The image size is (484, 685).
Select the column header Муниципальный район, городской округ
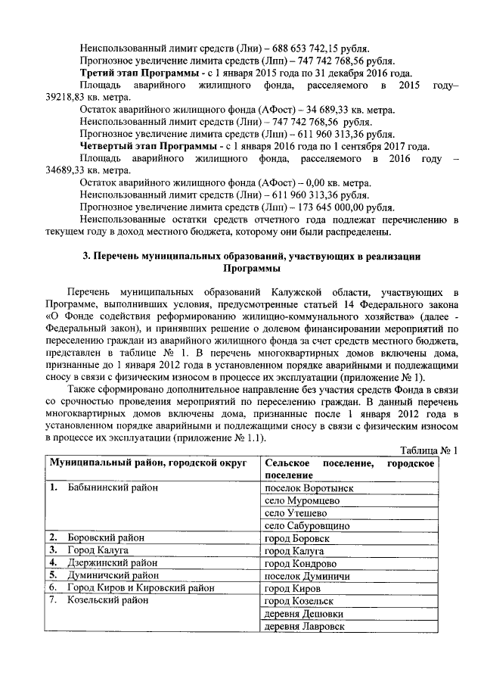pyautogui.click(x=149, y=462)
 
